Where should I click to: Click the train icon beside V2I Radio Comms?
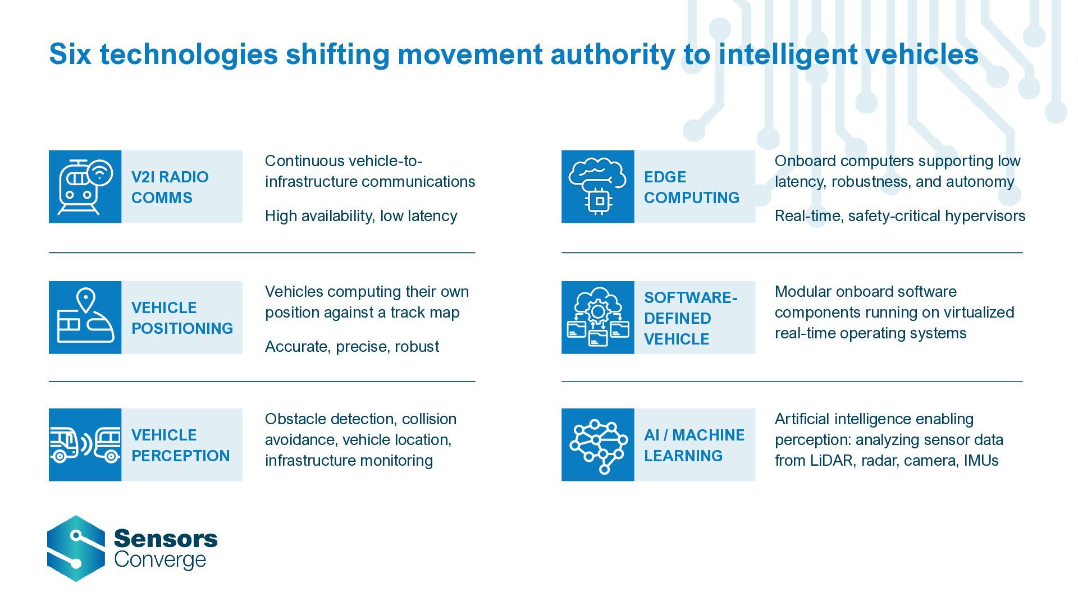[x=85, y=187]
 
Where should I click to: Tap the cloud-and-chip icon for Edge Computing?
[x=597, y=187]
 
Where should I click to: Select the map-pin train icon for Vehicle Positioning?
[x=85, y=318]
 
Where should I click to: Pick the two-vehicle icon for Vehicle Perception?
[x=85, y=445]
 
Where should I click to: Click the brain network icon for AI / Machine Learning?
[x=597, y=445]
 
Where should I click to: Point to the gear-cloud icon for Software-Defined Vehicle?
[x=597, y=318]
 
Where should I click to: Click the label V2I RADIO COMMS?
[x=170, y=187]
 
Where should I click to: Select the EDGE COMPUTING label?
[x=691, y=187]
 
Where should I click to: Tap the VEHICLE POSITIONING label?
[x=182, y=318]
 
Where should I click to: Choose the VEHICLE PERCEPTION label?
[x=180, y=446]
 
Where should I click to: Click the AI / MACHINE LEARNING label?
[x=694, y=446]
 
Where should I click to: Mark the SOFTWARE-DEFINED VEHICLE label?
[x=691, y=318]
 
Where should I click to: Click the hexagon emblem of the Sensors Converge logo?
[x=76, y=548]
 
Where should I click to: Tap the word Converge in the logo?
[x=160, y=560]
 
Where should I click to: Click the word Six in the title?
[x=70, y=54]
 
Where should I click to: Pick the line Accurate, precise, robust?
[x=352, y=347]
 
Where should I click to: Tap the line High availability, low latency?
[x=361, y=216]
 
